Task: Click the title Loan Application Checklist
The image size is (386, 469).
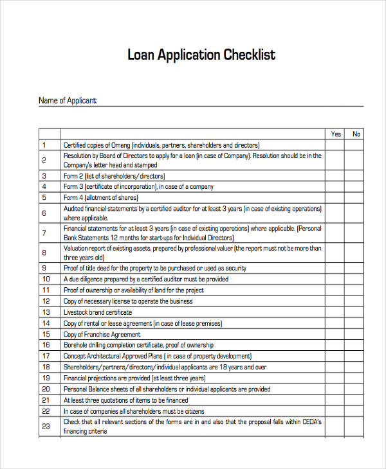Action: pos(201,55)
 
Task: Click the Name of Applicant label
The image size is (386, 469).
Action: pos(68,100)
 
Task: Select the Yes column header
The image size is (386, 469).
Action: pos(336,134)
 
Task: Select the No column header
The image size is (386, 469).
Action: pos(356,134)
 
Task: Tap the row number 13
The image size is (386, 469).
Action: pos(46,312)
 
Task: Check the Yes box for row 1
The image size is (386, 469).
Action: pos(336,145)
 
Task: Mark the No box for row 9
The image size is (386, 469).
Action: pos(356,268)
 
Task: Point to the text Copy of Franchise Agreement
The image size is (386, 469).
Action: pos(102,335)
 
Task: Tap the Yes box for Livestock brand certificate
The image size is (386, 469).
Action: pos(336,312)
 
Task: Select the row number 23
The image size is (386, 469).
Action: pos(46,426)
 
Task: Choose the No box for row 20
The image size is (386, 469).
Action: pos(356,389)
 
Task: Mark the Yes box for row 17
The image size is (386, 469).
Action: pos(336,356)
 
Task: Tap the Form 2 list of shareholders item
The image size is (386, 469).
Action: pos(114,176)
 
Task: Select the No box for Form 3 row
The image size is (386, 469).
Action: pos(356,186)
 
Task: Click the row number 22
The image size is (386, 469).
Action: pos(46,411)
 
